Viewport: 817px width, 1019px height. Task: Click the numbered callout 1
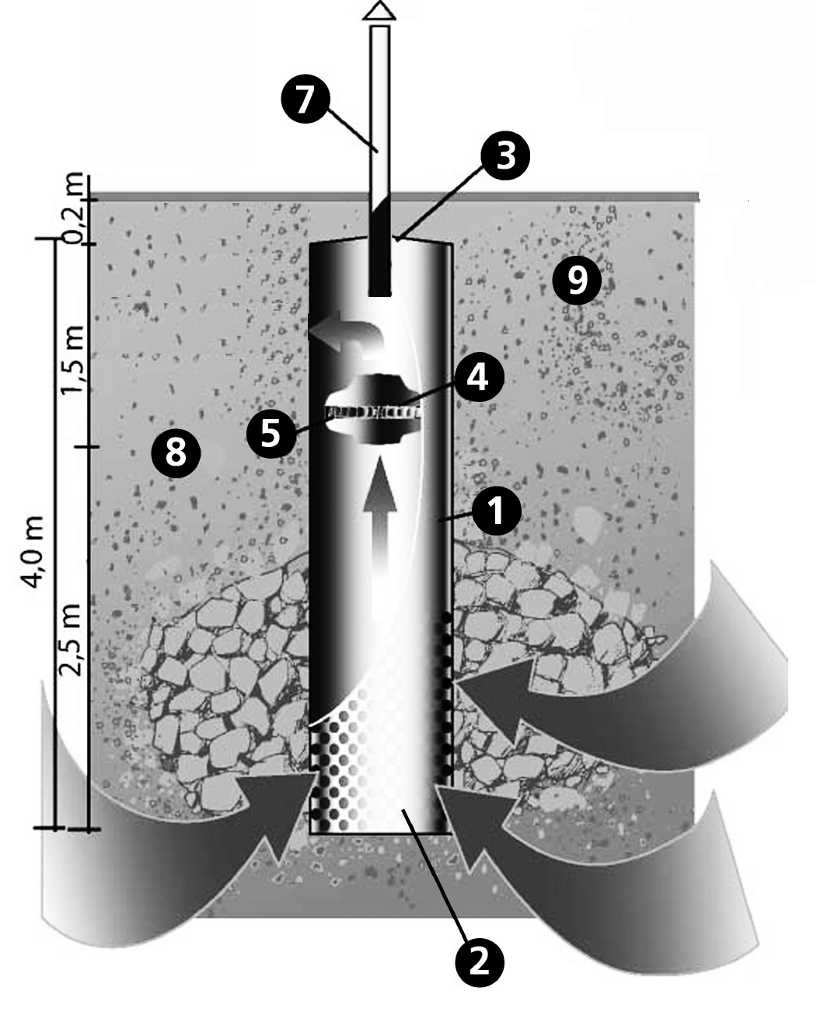coord(497,511)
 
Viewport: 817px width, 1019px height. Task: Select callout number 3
coord(505,155)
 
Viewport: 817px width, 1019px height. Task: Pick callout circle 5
coord(271,432)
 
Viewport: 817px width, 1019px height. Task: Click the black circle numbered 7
coord(306,99)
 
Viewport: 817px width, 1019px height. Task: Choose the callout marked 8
coord(176,452)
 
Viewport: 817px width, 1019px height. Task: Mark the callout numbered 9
coord(577,281)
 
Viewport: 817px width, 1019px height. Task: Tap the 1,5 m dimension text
coord(72,360)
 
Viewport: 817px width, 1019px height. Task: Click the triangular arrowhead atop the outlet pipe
coord(379,10)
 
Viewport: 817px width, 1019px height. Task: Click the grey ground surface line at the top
coord(395,197)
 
